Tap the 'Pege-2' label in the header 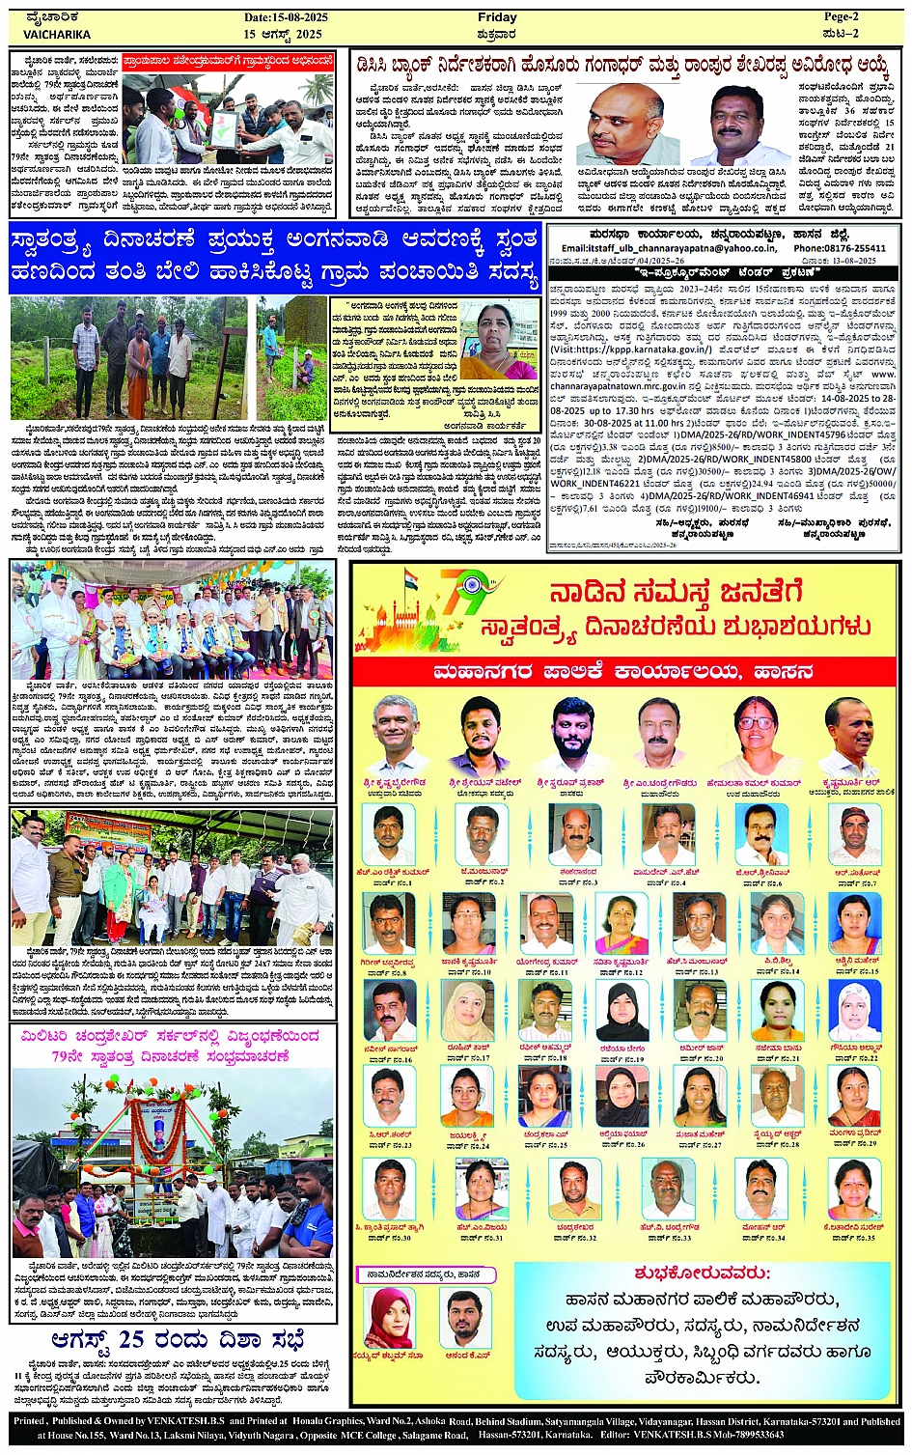[x=839, y=17]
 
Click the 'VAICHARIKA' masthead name [x=57, y=34]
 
